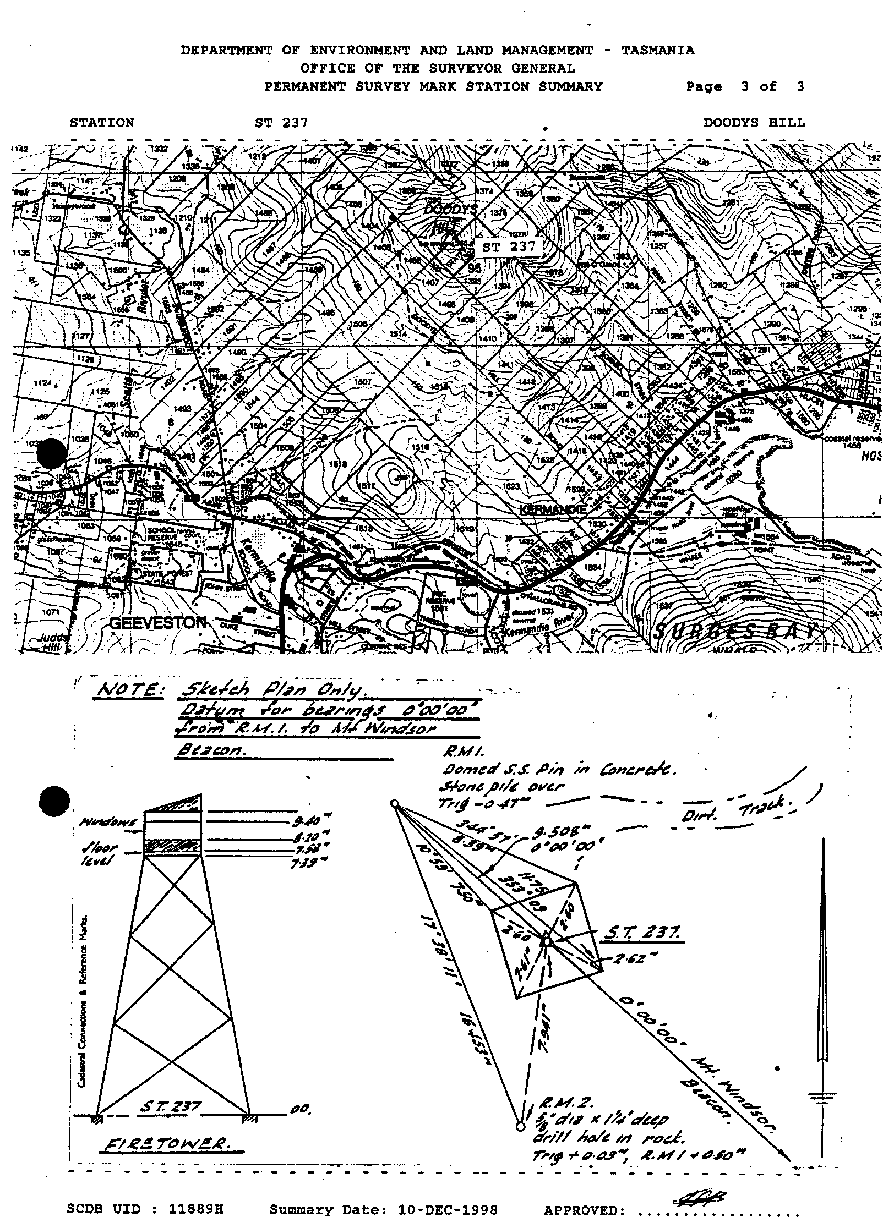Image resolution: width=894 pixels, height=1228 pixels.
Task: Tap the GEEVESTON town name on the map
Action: click(157, 623)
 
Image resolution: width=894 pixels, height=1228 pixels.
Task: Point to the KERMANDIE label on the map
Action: click(553, 509)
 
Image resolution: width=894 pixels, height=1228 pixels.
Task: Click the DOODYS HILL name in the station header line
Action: click(754, 123)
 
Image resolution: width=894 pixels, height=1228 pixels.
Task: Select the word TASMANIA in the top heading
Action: click(657, 51)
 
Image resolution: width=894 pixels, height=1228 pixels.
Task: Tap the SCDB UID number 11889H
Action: click(195, 1210)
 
